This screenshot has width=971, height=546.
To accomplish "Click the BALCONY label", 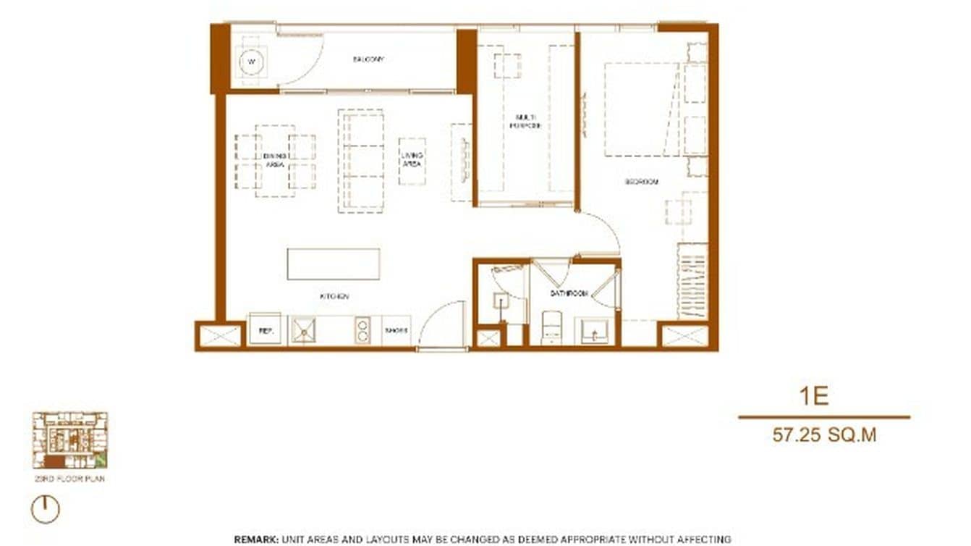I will [368, 59].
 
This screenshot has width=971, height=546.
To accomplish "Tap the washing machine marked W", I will [251, 62].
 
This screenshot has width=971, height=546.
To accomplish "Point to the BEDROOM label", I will [642, 182].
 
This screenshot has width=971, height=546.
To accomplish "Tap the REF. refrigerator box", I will [266, 331].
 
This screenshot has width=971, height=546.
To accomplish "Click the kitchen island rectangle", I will [334, 264].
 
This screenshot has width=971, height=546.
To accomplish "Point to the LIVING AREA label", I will [412, 160].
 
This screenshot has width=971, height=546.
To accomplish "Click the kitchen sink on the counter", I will [303, 331].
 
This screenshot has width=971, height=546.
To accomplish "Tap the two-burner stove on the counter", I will [362, 330].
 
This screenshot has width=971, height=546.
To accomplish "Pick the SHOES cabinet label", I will [395, 331].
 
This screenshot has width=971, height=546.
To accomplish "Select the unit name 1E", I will [814, 396].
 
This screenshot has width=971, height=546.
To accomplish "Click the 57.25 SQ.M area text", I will [824, 434].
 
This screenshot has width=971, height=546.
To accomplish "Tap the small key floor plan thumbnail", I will [70, 440].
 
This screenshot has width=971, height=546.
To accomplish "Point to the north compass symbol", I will [45, 509].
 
